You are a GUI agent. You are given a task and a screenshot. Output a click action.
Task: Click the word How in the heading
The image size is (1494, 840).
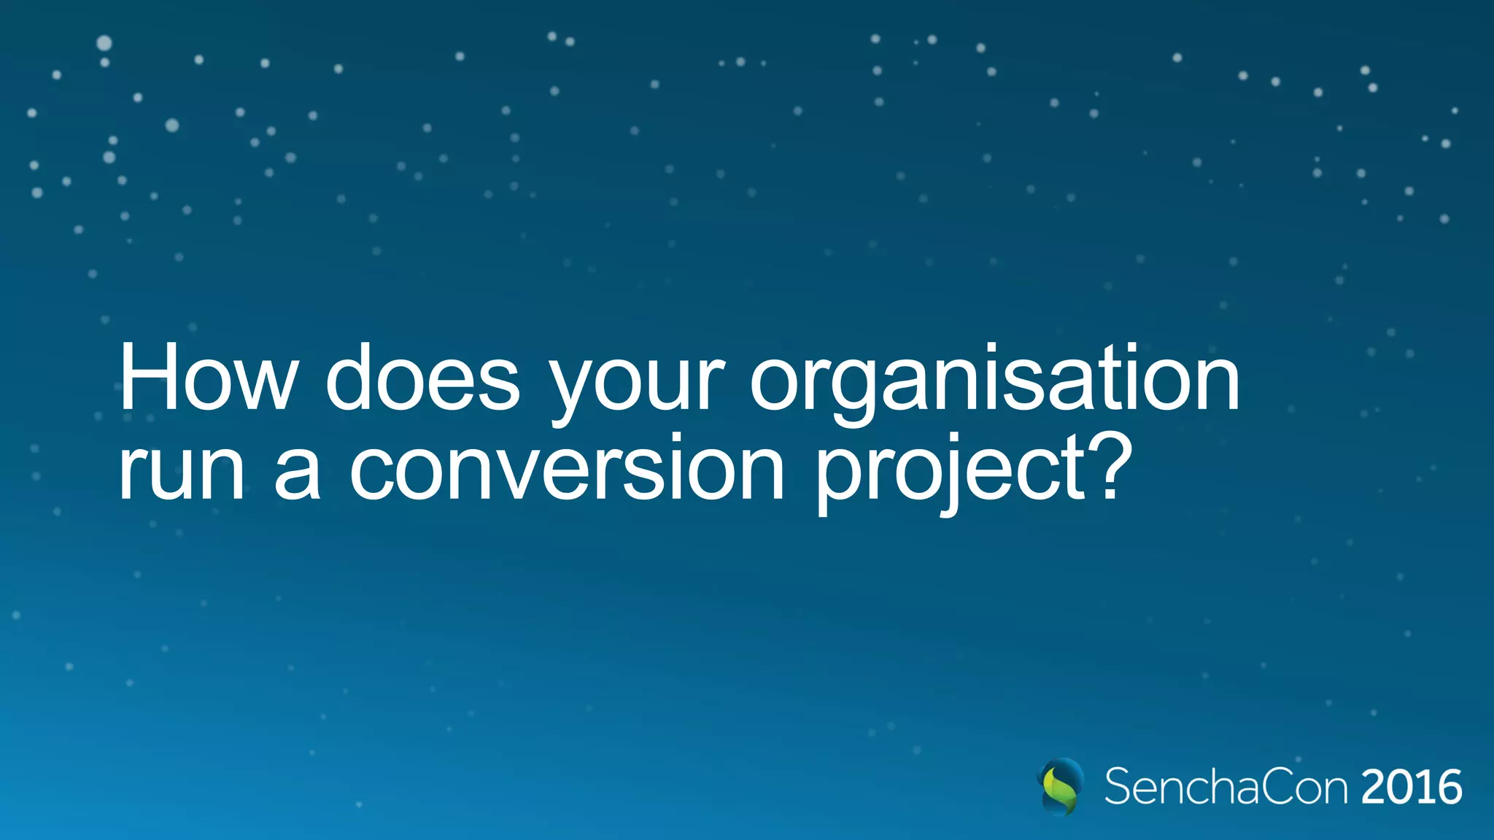coord(209,378)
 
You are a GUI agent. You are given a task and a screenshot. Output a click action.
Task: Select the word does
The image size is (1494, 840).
coord(422,378)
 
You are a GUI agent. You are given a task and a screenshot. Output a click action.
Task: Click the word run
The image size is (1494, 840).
coord(182,470)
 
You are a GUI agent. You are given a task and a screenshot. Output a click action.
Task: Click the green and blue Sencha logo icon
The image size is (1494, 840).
coord(1060,786)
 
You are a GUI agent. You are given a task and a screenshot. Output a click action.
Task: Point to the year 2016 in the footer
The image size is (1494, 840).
coord(1412,787)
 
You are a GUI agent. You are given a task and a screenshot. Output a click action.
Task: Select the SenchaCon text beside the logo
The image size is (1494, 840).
coord(1226,787)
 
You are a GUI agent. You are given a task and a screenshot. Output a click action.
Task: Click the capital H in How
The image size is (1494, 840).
coord(146,378)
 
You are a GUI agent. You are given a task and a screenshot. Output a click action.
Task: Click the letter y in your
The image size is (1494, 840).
coord(573,386)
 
